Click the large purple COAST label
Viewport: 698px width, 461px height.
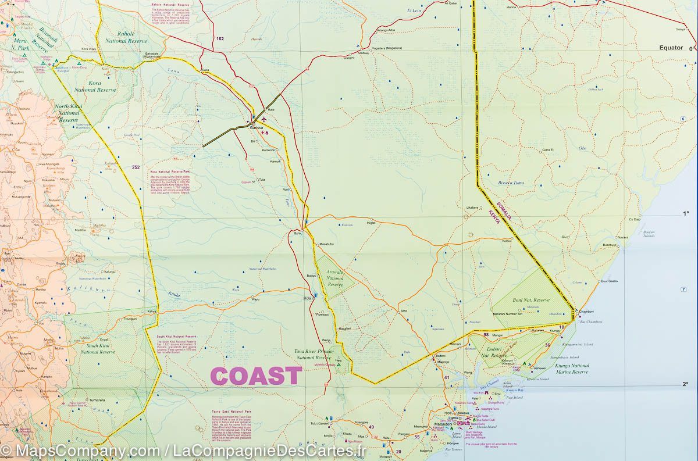(x=256, y=376)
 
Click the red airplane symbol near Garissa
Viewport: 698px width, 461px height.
(x=263, y=119)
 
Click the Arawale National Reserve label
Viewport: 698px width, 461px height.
(x=335, y=278)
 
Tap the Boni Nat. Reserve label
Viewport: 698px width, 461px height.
(x=532, y=300)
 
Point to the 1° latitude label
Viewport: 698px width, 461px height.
(x=686, y=214)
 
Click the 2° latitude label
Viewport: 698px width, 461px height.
(x=686, y=384)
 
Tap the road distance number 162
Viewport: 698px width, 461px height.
(x=219, y=39)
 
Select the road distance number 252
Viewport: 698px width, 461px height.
(x=136, y=167)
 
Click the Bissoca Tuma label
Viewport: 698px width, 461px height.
(x=511, y=183)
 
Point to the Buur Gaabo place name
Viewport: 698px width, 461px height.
(x=608, y=281)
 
